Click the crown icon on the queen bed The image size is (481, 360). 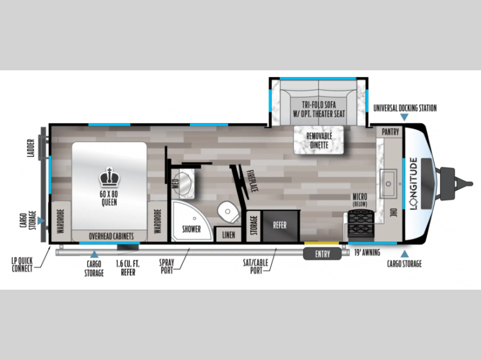point(109,177)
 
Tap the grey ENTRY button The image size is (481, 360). point(322,254)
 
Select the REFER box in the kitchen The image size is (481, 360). point(280,226)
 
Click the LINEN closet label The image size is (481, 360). point(228,235)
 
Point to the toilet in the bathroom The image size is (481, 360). point(228,212)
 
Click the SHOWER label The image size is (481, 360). point(191,229)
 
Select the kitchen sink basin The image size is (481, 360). point(388,184)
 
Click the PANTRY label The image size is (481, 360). point(390,132)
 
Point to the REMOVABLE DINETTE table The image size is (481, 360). point(319,140)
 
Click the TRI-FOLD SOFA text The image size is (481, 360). point(319,104)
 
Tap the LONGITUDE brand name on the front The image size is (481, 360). point(414,183)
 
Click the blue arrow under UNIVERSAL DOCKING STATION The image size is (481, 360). point(404,117)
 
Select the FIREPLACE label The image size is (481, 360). point(253,181)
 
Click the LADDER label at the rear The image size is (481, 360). point(31,148)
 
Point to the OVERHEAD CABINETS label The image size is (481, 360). point(111,236)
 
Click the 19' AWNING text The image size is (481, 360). point(367,252)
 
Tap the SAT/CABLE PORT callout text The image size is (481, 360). point(256,266)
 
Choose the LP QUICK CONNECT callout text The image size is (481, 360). point(22,264)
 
